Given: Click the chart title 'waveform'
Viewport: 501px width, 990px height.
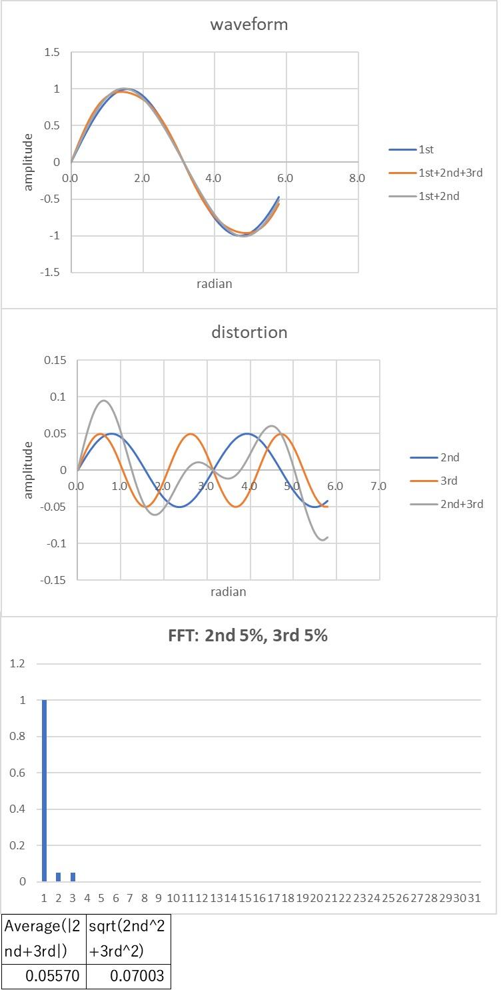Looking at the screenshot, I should point(249,25).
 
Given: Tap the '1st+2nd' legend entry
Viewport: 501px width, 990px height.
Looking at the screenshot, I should point(439,196).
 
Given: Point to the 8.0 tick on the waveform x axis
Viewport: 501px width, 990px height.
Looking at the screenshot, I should point(356,178).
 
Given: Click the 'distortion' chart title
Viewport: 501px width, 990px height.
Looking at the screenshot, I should point(249,332).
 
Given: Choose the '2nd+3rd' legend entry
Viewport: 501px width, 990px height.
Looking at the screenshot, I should point(461,504).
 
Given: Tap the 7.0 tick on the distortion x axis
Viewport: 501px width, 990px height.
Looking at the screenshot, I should point(378,486).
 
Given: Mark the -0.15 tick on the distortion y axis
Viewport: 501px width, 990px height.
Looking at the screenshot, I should point(53,580).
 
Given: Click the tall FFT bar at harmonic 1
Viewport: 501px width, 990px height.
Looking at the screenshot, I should point(44,790).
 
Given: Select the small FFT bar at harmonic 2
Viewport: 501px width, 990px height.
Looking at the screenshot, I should point(58,877).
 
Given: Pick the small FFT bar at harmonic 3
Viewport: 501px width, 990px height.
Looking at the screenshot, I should point(73,877).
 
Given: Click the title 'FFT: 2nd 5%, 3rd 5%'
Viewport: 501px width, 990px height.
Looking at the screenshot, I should point(248,635).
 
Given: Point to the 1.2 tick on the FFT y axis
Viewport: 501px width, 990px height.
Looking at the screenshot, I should point(17,664).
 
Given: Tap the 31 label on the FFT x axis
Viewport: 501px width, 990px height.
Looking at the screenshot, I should point(474,898).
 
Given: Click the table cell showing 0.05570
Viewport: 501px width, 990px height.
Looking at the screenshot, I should point(44,977).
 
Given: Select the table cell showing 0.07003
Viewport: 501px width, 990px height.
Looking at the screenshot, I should point(128,977).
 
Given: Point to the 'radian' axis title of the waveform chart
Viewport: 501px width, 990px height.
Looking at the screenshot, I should point(215,284).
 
